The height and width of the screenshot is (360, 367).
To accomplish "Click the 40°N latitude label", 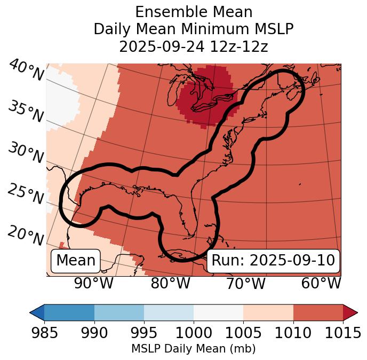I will click(x=26, y=71).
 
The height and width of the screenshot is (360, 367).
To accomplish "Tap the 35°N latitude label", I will click(x=26, y=112).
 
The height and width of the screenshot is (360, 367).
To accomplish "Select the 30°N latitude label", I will click(x=26, y=153).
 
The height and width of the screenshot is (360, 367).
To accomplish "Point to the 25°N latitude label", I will click(x=26, y=194).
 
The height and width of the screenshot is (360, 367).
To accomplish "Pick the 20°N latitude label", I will click(x=26, y=236).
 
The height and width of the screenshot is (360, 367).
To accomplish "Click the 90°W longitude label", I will click(x=94, y=283).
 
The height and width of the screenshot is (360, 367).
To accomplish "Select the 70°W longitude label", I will click(x=245, y=283).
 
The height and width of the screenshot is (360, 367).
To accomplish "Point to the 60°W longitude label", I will click(x=321, y=283).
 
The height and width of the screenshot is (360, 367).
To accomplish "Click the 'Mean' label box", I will click(x=76, y=261).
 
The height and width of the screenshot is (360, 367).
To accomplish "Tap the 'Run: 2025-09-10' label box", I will click(x=273, y=261).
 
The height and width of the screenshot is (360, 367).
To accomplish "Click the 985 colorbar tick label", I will click(x=44, y=333).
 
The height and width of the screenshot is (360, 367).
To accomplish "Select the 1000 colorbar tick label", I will click(x=193, y=333).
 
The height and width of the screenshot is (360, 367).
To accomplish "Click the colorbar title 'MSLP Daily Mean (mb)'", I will click(x=193, y=349).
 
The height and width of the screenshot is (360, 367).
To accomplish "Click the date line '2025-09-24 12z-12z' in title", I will click(x=193, y=46).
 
